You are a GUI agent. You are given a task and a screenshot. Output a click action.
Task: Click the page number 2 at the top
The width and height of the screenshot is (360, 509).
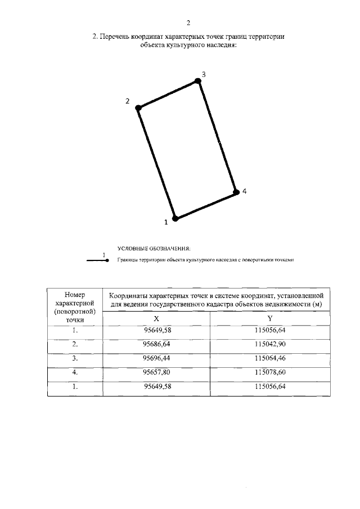point(188,22)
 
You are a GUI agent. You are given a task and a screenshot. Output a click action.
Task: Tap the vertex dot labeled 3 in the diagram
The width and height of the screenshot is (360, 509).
point(197,81)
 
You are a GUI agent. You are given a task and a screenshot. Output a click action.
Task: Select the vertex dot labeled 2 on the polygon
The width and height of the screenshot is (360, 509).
point(138,106)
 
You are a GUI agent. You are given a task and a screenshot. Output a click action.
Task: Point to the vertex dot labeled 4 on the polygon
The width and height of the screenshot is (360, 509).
point(236,192)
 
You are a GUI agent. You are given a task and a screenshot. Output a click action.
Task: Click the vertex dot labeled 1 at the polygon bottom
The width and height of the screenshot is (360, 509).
point(175,218)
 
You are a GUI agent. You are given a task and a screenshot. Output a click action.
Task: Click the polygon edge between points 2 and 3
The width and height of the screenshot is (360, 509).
point(168,94)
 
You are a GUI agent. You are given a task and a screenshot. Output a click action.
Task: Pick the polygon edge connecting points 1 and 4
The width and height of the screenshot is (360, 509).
point(205,205)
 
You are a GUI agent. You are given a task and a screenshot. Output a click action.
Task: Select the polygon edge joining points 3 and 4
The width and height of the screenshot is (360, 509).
point(217,137)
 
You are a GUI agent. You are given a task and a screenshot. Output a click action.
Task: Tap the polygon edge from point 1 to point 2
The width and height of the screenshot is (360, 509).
point(156,162)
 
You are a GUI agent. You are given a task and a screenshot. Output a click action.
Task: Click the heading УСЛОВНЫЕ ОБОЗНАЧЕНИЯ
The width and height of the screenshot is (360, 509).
point(154,248)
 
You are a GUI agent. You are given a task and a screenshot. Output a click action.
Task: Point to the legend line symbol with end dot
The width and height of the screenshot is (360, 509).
point(96,260)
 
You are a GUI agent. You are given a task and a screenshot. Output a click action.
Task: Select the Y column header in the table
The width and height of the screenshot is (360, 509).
point(270,318)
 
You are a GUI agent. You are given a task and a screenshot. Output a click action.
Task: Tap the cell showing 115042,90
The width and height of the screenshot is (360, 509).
point(270,343)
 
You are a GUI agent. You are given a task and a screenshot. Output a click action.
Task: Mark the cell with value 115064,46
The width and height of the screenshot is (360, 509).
point(270,358)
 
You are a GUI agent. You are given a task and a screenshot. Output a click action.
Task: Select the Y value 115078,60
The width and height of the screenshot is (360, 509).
point(270,372)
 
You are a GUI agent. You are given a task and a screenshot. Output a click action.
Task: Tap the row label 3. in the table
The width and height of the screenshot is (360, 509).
point(74,358)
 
